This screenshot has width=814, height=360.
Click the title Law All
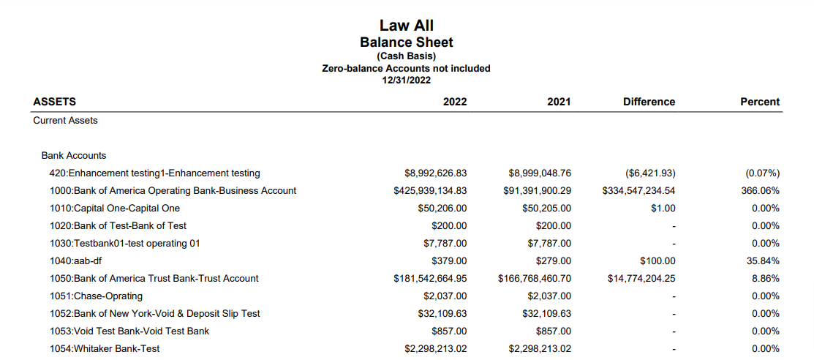406,26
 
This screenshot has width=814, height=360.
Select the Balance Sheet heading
406,42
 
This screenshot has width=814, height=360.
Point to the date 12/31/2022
406,80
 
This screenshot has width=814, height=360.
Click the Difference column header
649,102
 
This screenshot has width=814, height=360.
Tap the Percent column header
760,102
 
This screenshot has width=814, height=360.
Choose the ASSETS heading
55,102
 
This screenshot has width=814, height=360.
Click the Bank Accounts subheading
74,155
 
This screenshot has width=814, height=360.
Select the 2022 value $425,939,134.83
430,190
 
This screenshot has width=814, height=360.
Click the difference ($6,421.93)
650,173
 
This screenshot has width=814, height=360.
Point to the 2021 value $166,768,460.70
535,278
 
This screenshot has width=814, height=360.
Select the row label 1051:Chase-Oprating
96,296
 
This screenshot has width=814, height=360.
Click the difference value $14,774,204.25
641,278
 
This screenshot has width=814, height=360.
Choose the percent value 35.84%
762,260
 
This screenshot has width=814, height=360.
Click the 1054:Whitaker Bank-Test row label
105,348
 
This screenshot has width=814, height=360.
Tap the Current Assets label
65,120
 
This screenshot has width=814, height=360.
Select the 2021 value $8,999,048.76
540,173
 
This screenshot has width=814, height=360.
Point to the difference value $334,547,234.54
638,190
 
